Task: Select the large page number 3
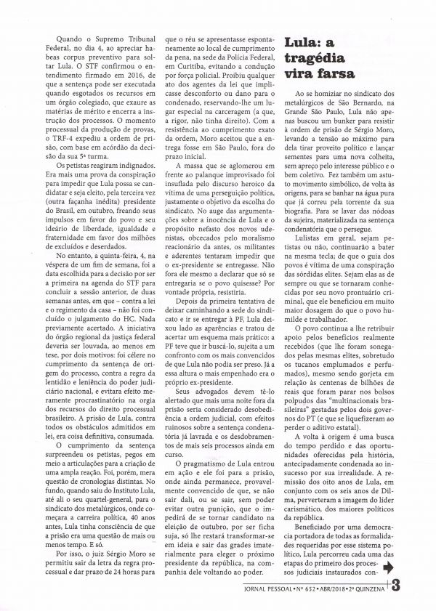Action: coord(397,584)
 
